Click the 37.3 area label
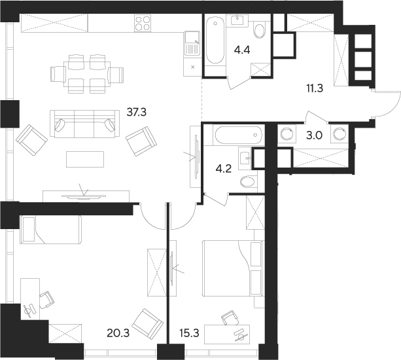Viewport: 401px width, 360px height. [x=136, y=112]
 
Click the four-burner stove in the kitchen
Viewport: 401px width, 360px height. [x=143, y=24]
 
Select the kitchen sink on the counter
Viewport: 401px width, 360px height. [x=192, y=46]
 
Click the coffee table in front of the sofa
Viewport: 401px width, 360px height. [x=85, y=160]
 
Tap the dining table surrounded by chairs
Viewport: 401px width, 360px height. [x=88, y=73]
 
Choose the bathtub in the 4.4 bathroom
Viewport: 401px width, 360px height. [x=215, y=41]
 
